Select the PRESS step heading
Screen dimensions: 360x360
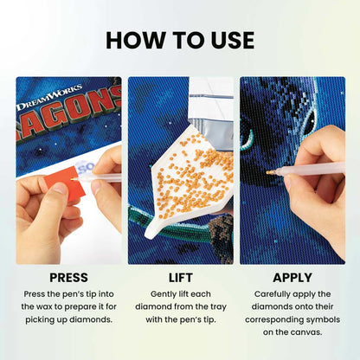click(x=68, y=278)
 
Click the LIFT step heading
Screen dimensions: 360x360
click(x=180, y=278)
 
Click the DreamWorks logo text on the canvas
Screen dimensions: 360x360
click(x=50, y=90)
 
